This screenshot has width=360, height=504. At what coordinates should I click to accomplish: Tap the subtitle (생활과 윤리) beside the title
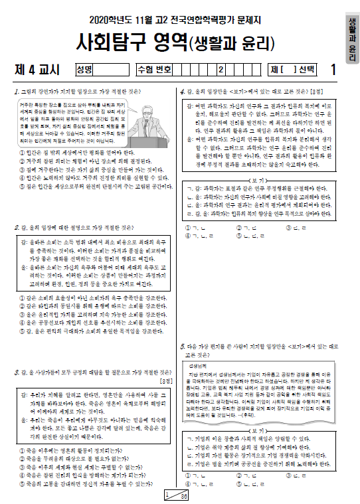click(232, 45)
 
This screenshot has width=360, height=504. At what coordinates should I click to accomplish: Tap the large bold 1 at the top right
click(333, 69)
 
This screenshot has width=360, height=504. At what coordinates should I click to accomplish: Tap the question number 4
click(183, 92)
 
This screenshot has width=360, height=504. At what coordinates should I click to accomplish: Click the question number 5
click(183, 347)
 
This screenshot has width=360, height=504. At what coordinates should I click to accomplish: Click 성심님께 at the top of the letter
click(199, 366)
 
